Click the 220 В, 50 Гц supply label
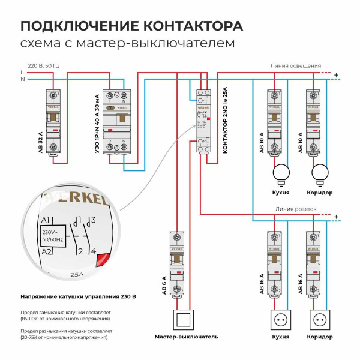(44, 64)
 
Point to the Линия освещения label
(296, 65)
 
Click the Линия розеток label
(296, 209)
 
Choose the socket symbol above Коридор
(320, 320)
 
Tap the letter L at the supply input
(22, 72)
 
